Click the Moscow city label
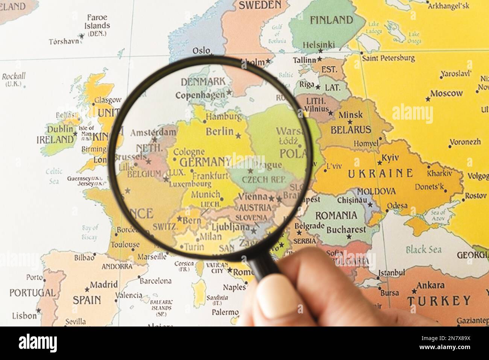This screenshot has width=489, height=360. [x=446, y=93]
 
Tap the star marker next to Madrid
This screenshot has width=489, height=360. [x=87, y=289]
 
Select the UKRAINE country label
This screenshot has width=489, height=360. [x=380, y=173]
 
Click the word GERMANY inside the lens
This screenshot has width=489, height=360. [x=205, y=162]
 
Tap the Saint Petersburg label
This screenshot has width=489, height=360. [x=388, y=58]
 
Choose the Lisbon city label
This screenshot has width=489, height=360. [x=24, y=315]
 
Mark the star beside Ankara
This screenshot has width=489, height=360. [x=414, y=291]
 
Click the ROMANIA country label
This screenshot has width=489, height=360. [x=336, y=216]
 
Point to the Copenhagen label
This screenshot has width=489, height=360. [x=200, y=95]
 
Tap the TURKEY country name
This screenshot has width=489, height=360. [x=439, y=301]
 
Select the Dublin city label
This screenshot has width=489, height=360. [x=60, y=129]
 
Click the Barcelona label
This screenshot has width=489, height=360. [x=155, y=281]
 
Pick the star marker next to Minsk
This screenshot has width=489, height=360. [x=350, y=122]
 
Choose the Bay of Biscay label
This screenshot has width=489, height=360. [x=90, y=232]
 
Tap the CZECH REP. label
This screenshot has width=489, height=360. [x=264, y=179]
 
